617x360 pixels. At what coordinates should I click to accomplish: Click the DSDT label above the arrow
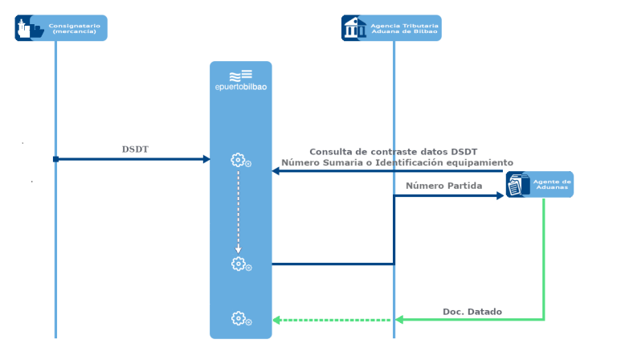[135, 149]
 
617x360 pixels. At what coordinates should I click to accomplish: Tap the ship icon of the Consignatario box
[30, 28]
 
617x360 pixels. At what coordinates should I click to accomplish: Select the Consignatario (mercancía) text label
[74, 28]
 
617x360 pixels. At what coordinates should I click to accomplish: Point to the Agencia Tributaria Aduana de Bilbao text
[404, 28]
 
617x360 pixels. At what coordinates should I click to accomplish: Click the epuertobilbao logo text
[241, 88]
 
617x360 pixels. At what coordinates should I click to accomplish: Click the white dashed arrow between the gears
[238, 211]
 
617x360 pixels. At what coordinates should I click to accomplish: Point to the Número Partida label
[443, 186]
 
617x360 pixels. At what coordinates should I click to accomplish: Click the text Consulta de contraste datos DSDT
[393, 152]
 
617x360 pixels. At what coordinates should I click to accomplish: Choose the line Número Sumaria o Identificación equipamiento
[397, 162]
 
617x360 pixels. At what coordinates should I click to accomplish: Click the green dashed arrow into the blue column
[329, 320]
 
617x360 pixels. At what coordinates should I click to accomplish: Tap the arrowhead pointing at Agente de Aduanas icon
[499, 195]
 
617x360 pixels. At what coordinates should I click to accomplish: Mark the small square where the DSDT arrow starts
[55, 159]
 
